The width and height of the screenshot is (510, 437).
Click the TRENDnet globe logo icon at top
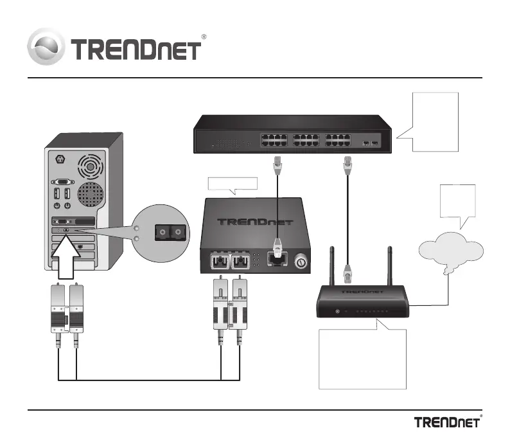tap(46, 47)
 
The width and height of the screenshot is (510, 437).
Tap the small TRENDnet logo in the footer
tap(448, 422)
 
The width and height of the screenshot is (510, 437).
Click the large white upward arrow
tap(66, 256)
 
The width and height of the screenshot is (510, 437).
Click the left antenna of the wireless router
tap(332, 266)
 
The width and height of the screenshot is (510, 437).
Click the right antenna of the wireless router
tap(390, 266)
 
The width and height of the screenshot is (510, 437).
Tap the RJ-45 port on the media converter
tap(277, 259)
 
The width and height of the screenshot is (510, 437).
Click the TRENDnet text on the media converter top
tap(254, 222)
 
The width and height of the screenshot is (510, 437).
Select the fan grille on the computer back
tap(91, 166)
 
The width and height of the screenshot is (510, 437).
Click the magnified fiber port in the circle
tap(170, 233)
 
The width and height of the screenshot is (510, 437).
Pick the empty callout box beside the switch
tap(435, 122)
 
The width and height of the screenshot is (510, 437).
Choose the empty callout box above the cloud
tap(457, 202)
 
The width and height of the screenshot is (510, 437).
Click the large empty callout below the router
tap(362, 358)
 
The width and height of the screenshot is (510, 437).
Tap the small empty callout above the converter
tap(233, 184)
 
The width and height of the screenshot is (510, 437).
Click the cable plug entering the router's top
tap(347, 274)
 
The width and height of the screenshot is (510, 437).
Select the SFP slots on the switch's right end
tap(371, 143)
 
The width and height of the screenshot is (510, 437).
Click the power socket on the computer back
tap(60, 159)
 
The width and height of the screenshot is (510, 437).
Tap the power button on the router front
tap(338, 312)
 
